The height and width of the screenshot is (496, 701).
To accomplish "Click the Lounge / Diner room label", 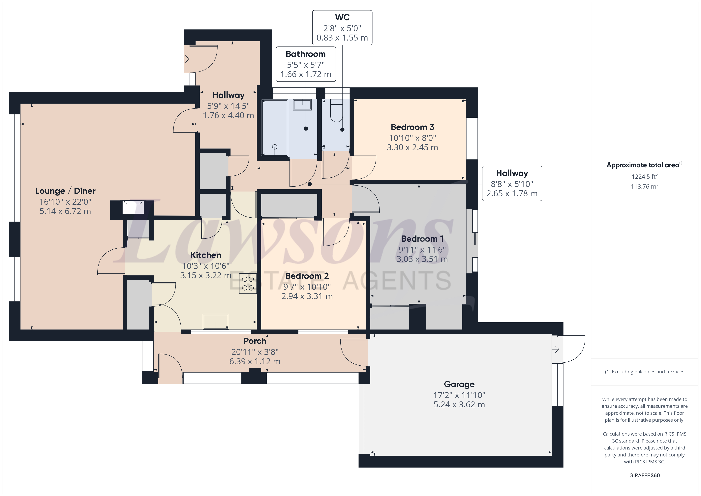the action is [65, 191].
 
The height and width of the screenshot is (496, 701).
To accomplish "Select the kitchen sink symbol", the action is [216, 322].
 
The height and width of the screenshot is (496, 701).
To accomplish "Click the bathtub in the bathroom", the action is [275, 128].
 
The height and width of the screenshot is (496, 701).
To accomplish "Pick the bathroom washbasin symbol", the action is [302, 105].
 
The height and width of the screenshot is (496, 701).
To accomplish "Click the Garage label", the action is [459, 384].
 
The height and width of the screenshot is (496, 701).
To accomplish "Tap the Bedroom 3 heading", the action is [412, 127].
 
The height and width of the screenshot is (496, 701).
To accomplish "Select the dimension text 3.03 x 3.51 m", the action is [422, 259].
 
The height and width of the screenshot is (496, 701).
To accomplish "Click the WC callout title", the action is [342, 17].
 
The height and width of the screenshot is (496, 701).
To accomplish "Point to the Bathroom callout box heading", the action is [306, 54].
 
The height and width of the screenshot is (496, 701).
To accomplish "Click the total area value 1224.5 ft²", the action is [645, 176].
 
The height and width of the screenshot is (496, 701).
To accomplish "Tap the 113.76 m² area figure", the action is [645, 186].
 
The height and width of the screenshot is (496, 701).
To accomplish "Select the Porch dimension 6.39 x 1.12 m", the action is [255, 361].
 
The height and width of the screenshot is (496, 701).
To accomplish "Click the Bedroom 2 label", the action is [307, 276].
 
